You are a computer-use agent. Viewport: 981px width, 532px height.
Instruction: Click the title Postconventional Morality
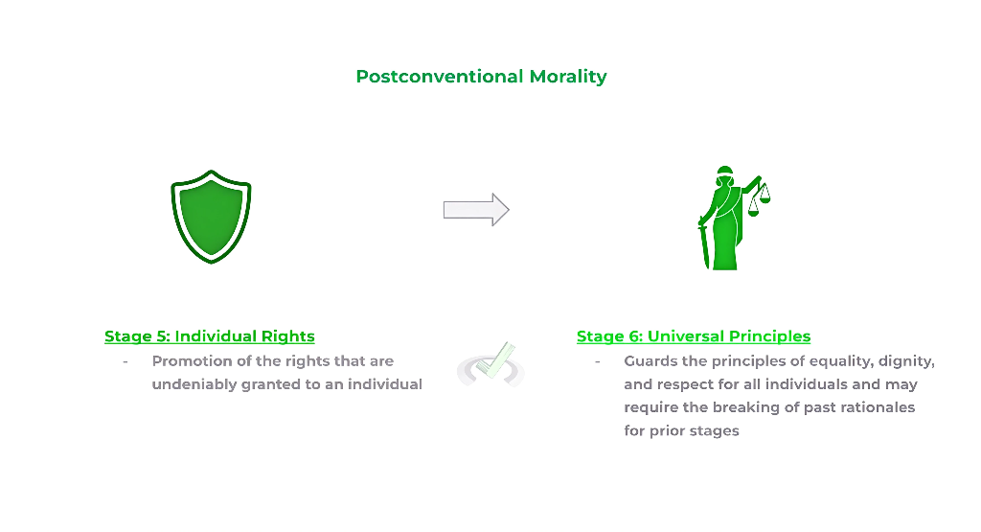tap(481, 77)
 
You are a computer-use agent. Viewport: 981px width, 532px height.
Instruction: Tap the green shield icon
tap(211, 216)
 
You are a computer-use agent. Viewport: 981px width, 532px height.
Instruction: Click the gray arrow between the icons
tap(475, 210)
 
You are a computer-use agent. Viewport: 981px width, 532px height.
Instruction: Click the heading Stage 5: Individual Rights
tap(210, 336)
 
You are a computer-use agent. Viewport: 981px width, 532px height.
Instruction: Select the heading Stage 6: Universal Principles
tap(694, 336)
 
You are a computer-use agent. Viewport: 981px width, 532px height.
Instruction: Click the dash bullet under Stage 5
tap(125, 361)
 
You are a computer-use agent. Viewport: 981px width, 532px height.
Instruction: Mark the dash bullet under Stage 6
tap(597, 361)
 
